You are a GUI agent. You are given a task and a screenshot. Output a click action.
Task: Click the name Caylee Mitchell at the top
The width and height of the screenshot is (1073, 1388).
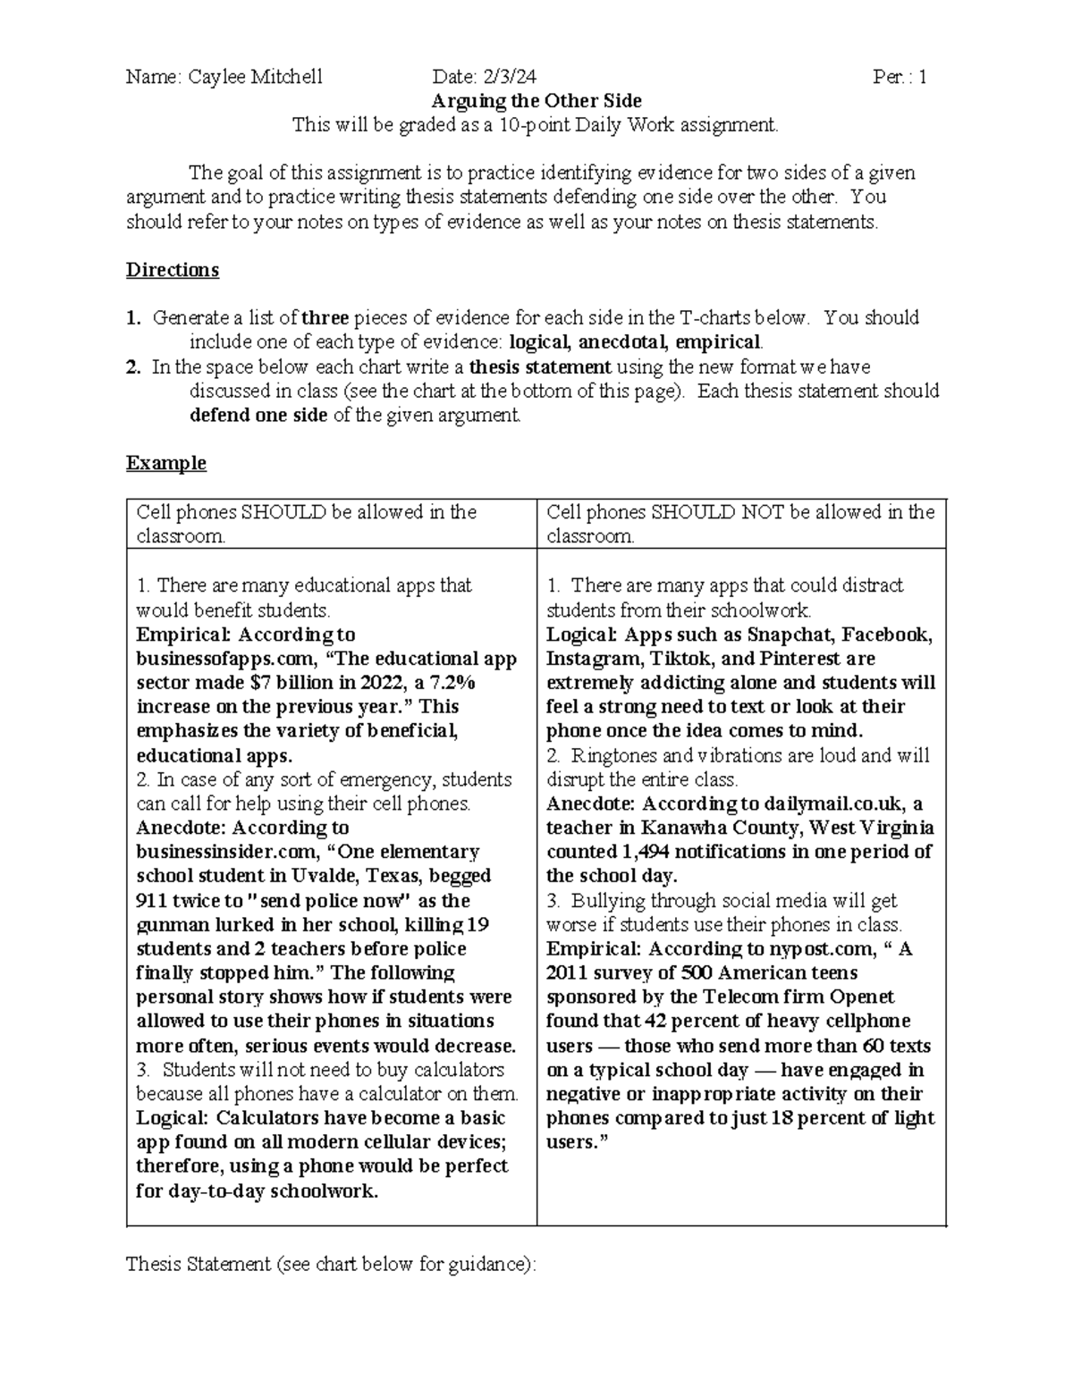tap(256, 77)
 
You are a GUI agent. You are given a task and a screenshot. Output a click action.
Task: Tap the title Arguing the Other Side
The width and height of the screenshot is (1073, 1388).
tap(536, 101)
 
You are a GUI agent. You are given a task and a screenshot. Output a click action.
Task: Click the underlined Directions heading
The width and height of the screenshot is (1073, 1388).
tap(173, 270)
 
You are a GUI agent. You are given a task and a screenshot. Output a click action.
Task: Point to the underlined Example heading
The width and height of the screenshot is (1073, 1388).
tap(166, 463)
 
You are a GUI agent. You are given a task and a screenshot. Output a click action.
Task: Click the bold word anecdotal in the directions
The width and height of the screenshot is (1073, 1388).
tap(622, 342)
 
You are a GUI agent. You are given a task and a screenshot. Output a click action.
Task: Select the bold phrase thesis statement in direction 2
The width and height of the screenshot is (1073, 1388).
tap(540, 366)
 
